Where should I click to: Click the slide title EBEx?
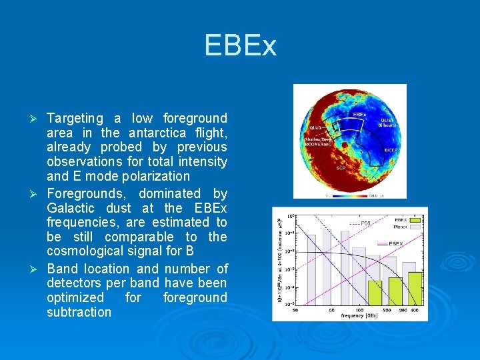pyautogui.click(x=240, y=46)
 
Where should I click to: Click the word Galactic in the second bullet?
pyautogui.click(x=71, y=208)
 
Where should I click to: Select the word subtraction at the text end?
pyautogui.click(x=79, y=312)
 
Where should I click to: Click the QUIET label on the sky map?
pyautogui.click(x=388, y=121)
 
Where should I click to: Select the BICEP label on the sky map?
pyautogui.click(x=391, y=151)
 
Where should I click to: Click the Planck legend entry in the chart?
pyautogui.click(x=401, y=227)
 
